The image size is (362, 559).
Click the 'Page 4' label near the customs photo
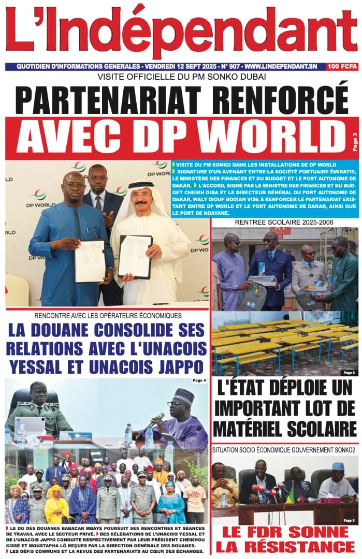(198, 381)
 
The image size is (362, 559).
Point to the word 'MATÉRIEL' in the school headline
(252, 429)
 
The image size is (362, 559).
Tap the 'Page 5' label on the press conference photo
(349, 520)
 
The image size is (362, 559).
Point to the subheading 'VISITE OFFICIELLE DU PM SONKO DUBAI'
(181, 78)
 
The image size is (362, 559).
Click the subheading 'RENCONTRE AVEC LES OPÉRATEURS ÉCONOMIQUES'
(108, 316)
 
